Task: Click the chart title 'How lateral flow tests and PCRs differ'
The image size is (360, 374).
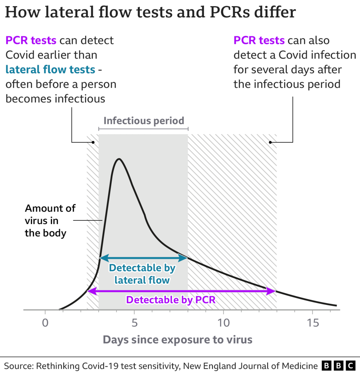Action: tap(150, 13)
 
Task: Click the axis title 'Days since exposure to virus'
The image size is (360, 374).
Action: tap(177, 339)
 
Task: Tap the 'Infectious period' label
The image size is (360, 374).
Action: tap(143, 120)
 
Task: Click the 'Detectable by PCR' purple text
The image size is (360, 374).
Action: tap(170, 300)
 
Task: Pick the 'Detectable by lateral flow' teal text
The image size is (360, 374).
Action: tap(142, 274)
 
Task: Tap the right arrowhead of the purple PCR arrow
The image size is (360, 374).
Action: tap(273, 291)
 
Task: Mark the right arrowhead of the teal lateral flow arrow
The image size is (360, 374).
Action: tap(185, 258)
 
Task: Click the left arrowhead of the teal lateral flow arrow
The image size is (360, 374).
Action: tap(102, 258)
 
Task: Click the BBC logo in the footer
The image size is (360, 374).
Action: tap(338, 366)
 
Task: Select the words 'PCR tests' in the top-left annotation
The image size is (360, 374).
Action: tap(31, 40)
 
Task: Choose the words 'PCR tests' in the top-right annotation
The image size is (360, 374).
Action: tap(259, 40)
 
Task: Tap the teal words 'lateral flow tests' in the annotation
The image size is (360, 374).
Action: tap(50, 69)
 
